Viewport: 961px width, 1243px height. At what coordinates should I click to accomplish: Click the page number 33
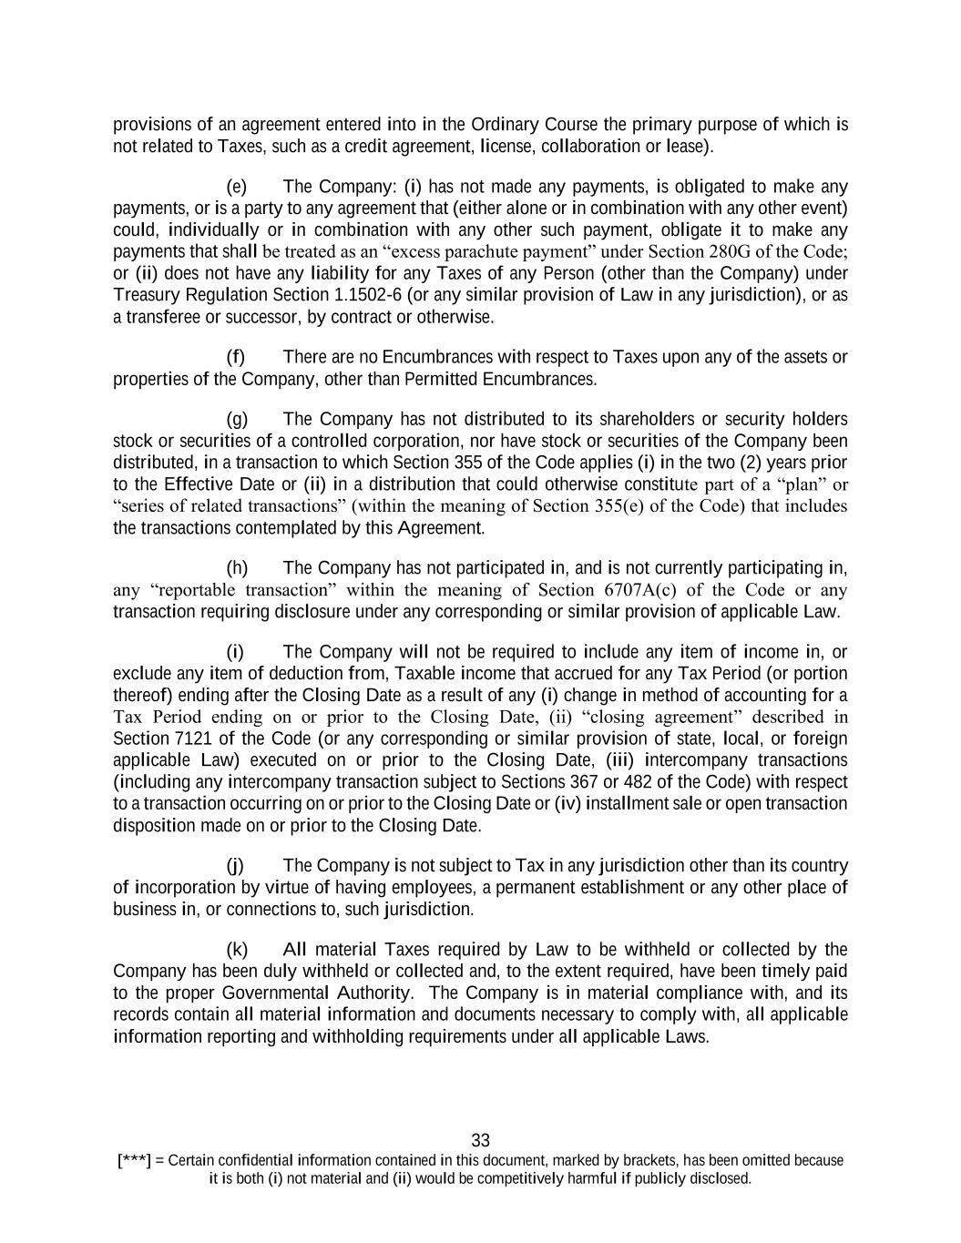pyautogui.click(x=481, y=1140)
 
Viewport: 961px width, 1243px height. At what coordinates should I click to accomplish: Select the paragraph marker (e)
pyautogui.click(x=237, y=188)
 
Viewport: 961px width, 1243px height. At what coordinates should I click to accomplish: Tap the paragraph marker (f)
pyautogui.click(x=236, y=357)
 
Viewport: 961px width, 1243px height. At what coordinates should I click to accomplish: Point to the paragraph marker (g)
pyautogui.click(x=237, y=420)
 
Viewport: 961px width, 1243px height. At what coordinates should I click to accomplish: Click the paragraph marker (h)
pyautogui.click(x=237, y=569)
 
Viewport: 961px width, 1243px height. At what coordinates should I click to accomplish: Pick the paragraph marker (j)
pyautogui.click(x=235, y=866)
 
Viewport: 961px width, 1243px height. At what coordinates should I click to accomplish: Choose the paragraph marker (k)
pyautogui.click(x=237, y=951)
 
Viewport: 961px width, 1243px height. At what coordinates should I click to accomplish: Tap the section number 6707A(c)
pyautogui.click(x=645, y=590)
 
